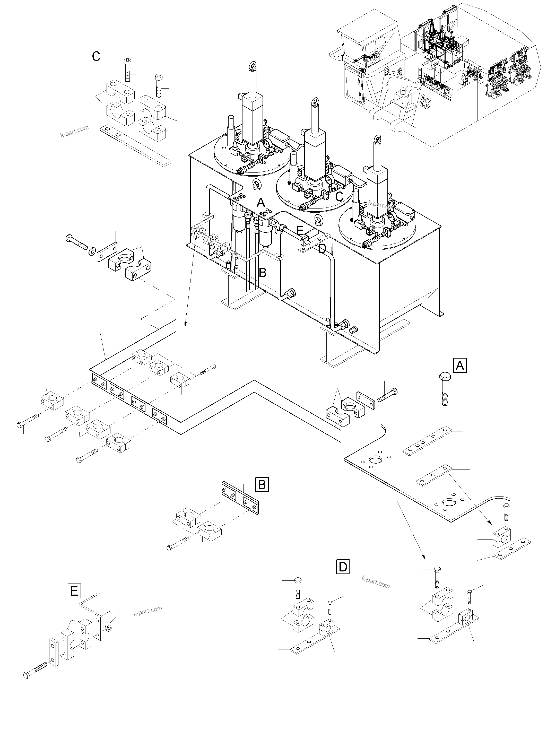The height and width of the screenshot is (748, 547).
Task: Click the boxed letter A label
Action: pos(459,366)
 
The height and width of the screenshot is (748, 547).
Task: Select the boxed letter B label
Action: pos(262,484)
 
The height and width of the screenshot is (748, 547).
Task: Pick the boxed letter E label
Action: pos(74,591)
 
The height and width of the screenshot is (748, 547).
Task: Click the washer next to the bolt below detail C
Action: pos(91,249)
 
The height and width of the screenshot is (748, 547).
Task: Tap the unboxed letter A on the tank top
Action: pos(261,202)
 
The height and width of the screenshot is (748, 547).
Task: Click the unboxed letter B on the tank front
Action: pos(262,273)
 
